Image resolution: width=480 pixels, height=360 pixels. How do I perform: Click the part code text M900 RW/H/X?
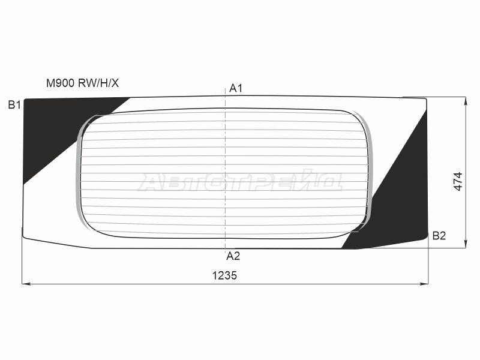(87, 83)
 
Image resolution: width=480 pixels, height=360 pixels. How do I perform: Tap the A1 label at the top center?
(236, 89)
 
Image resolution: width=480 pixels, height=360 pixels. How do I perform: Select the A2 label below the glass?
(233, 256)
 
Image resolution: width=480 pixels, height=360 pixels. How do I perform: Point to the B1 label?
(14, 105)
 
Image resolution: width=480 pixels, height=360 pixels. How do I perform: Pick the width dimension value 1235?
(224, 276)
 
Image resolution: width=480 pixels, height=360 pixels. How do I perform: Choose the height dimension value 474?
(458, 181)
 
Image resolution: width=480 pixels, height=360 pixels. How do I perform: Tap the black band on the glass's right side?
(402, 198)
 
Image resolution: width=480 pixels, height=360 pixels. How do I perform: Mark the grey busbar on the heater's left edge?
(78, 174)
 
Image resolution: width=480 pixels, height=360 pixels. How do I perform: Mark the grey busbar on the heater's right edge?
(371, 174)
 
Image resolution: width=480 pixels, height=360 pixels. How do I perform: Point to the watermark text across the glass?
(240, 181)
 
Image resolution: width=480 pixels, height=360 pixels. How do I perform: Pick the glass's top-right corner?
(425, 100)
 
